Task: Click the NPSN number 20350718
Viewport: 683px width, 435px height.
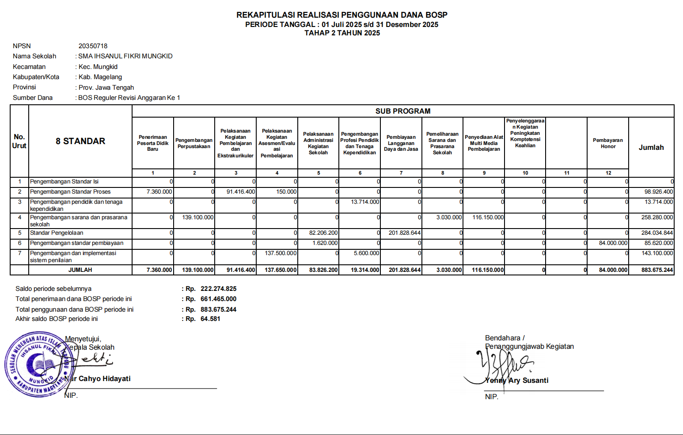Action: [93, 46]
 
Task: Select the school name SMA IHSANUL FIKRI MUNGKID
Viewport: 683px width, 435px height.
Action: [125, 56]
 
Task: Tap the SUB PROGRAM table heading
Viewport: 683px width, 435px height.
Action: [402, 111]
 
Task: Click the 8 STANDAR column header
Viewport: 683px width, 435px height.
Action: [80, 141]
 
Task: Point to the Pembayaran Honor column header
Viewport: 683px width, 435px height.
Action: [607, 143]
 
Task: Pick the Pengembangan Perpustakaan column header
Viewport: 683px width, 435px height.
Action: [194, 143]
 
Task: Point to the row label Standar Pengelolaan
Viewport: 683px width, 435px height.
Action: [57, 233]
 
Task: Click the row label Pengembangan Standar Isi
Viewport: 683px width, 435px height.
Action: [64, 182]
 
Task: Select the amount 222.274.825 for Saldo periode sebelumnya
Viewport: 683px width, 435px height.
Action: [218, 289]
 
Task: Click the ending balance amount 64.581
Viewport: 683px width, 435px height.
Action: [210, 319]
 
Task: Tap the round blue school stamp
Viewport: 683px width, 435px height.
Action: [38, 364]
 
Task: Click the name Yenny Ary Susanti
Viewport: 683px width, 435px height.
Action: [516, 381]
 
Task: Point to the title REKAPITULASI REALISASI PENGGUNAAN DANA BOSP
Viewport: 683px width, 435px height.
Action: [341, 15]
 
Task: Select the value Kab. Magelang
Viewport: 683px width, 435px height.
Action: [100, 77]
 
